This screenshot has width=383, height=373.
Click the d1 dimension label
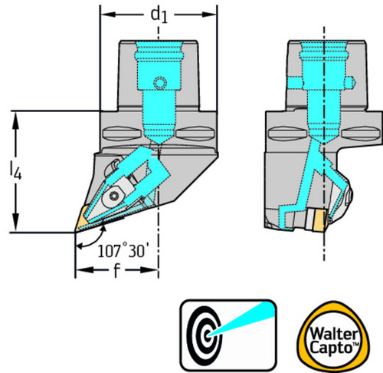click(159, 15)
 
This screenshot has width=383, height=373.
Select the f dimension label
click(116, 270)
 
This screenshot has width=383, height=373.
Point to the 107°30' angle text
click(121, 251)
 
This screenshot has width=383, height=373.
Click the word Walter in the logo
click(333, 334)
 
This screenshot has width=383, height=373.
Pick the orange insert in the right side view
click(321, 220)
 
